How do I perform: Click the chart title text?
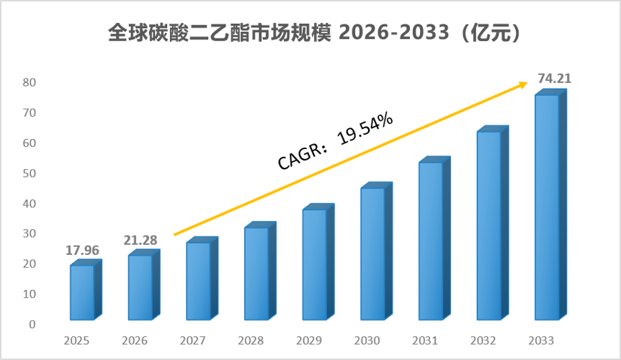pyautogui.click(x=313, y=32)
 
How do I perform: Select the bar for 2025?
pyautogui.click(x=86, y=289)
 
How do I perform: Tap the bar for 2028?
pyautogui.click(x=260, y=271)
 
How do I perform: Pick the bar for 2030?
pyautogui.click(x=376, y=251)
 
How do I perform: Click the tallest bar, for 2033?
pyautogui.click(x=550, y=204)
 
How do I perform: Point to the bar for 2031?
pyautogui.click(x=434, y=238)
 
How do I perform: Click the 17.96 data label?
pyautogui.click(x=82, y=251)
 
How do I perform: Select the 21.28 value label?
pyautogui.click(x=140, y=240)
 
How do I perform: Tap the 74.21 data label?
pyautogui.click(x=555, y=78)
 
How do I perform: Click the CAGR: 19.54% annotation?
pyautogui.click(x=335, y=141)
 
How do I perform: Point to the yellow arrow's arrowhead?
pyautogui.click(x=524, y=84)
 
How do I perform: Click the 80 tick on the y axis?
pyautogui.click(x=30, y=82)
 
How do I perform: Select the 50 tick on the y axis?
pyautogui.click(x=30, y=174)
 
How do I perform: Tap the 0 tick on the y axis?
pyautogui.click(x=32, y=325)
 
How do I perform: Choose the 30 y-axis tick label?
pyautogui.click(x=30, y=233)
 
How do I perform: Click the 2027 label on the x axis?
pyautogui.click(x=192, y=341)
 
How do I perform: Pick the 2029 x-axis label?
pyautogui.click(x=309, y=341)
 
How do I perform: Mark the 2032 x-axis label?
pyautogui.click(x=483, y=341)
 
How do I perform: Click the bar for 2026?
pyautogui.click(x=144, y=285)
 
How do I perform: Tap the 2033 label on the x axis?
pyautogui.click(x=541, y=341)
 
